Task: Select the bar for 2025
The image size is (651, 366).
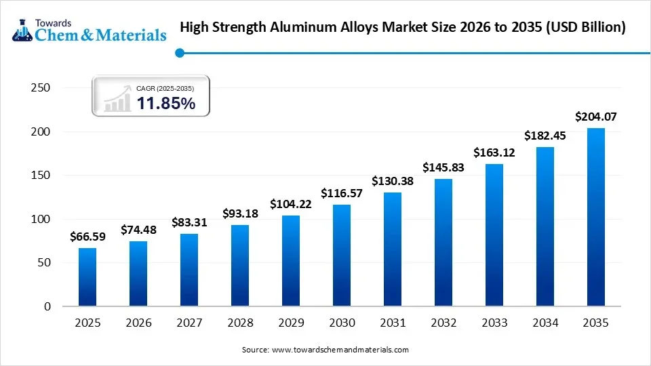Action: click(x=87, y=277)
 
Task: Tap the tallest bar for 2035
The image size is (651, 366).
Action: click(x=596, y=217)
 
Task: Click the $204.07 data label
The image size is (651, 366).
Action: click(x=595, y=117)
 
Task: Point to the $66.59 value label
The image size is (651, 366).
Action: click(x=87, y=237)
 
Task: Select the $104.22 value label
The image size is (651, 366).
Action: click(x=291, y=203)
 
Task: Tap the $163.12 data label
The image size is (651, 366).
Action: click(x=494, y=152)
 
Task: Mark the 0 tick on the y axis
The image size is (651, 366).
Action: click(x=47, y=306)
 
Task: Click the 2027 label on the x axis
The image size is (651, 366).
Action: click(x=189, y=324)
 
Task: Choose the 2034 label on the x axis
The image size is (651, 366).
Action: click(x=545, y=324)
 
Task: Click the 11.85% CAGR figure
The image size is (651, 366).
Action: click(x=166, y=104)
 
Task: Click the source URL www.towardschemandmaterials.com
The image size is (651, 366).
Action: click(x=340, y=350)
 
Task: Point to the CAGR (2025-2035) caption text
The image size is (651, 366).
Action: click(x=165, y=88)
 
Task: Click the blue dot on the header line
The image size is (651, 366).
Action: click(x=179, y=52)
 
